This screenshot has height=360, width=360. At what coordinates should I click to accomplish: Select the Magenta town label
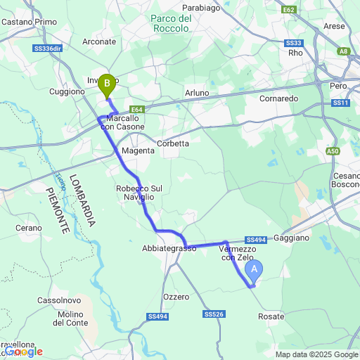tap(138, 150)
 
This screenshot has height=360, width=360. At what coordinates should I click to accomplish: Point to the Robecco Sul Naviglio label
tap(139, 193)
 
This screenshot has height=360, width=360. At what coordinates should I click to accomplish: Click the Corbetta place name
tap(172, 143)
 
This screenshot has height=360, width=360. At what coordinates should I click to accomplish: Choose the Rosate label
tap(271, 316)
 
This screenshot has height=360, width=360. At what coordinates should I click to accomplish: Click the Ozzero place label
tap(176, 297)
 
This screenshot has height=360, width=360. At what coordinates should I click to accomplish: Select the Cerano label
tap(29, 228)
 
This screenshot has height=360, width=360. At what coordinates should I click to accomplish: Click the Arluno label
tap(197, 93)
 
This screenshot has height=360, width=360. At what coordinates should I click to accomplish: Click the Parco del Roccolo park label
tap(171, 23)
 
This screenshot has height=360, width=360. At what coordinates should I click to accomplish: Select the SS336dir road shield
tap(49, 49)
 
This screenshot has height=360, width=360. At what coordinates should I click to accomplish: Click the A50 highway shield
tap(333, 151)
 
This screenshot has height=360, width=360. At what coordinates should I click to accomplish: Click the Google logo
tap(22, 351)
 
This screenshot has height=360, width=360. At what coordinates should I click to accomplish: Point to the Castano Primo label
tap(29, 22)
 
